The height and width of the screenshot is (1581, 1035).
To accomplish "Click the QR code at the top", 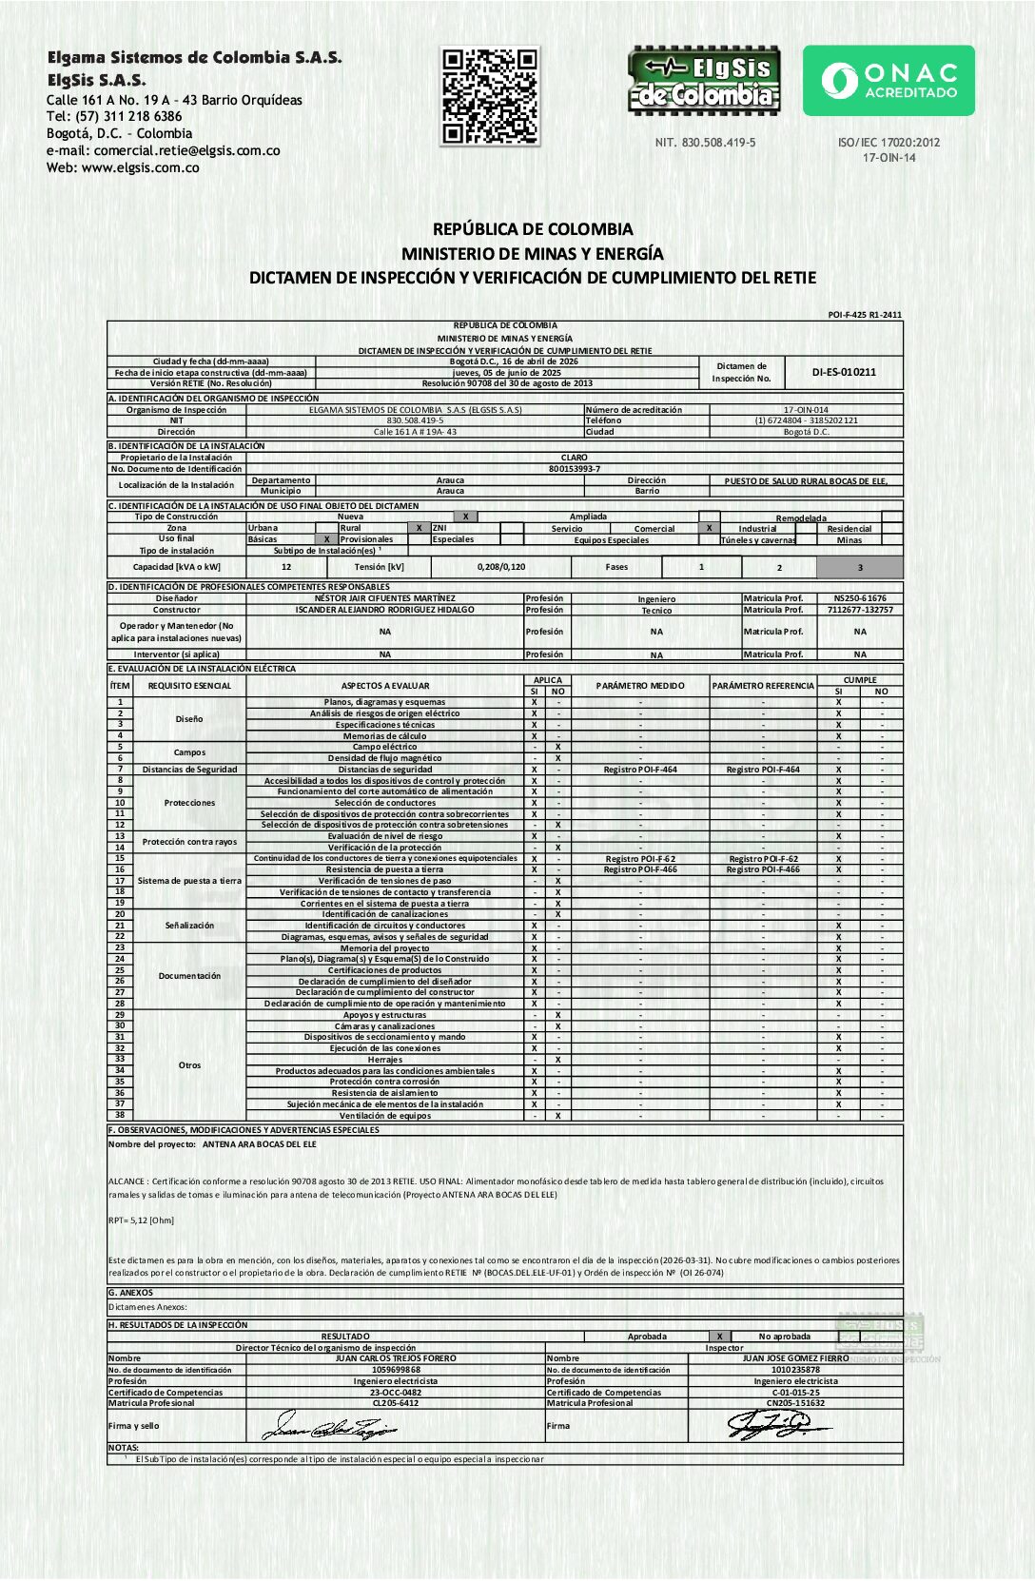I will [491, 96].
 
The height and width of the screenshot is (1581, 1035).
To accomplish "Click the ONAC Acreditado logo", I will [889, 81].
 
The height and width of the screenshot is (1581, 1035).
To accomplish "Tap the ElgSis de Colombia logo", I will [704, 81].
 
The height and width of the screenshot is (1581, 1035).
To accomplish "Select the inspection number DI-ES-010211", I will [844, 372].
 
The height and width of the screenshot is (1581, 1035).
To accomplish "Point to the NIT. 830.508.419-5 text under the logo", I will [705, 143].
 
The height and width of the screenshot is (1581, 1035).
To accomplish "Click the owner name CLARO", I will [574, 458].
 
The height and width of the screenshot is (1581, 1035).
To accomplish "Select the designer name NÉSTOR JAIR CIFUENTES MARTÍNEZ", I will [384, 598].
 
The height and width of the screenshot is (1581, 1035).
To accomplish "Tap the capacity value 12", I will [286, 567].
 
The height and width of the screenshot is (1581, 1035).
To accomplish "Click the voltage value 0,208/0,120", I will [501, 567].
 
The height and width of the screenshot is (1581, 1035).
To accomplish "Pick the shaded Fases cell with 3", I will [859, 567].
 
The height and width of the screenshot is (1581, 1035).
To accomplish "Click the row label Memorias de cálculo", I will [384, 735].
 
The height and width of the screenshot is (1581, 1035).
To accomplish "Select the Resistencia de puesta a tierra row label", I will [384, 869].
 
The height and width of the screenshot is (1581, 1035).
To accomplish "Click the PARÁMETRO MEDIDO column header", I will [640, 685].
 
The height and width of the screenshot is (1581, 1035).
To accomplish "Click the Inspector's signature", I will [775, 1425].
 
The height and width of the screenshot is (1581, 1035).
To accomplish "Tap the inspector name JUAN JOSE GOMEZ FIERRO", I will [795, 1358].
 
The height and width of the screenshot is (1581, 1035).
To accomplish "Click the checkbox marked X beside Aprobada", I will [720, 1337].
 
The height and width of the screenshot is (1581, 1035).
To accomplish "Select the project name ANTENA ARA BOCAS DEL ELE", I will [259, 1144].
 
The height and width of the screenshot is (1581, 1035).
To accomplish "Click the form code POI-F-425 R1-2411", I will [865, 315].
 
